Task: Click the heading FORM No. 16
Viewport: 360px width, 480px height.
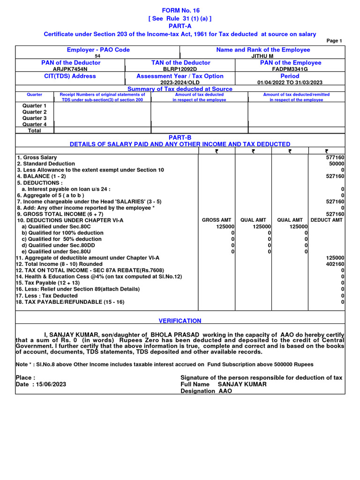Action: (x=180, y=10)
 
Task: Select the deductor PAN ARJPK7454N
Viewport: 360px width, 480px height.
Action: (x=70, y=69)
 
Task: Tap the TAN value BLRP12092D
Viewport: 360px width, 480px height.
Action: (x=180, y=69)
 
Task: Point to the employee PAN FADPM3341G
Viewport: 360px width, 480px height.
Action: (x=290, y=69)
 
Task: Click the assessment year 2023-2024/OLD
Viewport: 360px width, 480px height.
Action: (x=180, y=82)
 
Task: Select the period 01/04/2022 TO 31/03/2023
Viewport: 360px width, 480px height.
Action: (x=290, y=82)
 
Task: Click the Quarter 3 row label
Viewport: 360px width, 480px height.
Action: (x=35, y=118)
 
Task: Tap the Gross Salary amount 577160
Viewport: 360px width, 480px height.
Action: (x=335, y=157)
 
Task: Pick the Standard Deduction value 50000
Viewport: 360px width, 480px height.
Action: (x=337, y=164)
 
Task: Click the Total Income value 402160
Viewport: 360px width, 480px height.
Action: (x=335, y=264)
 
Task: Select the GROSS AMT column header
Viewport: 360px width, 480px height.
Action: (x=216, y=220)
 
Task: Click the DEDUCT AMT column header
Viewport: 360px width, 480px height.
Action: (x=327, y=220)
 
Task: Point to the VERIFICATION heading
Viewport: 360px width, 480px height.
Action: (x=180, y=321)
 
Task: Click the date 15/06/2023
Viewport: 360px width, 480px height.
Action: (x=49, y=384)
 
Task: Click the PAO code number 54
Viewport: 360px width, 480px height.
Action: (x=98, y=56)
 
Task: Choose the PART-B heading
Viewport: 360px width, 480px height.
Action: (x=180, y=137)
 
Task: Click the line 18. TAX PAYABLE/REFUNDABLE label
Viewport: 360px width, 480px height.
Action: (x=70, y=302)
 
